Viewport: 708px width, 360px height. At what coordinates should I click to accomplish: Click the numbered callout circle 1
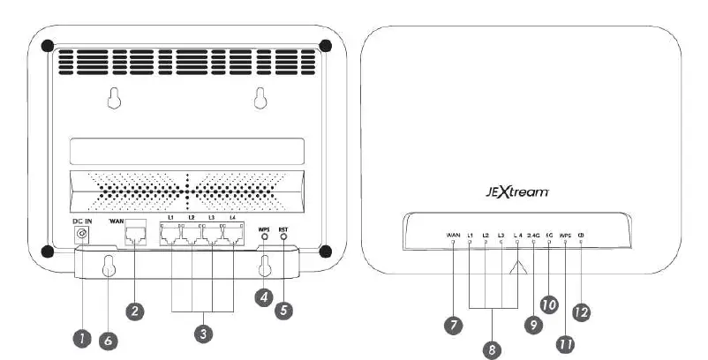(x=80, y=337)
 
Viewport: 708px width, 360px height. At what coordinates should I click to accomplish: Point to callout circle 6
(x=108, y=340)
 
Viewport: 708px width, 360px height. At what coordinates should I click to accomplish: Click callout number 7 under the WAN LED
(x=453, y=325)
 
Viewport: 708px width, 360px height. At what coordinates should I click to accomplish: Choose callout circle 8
(x=492, y=349)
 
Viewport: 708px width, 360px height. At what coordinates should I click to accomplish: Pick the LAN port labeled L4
(x=232, y=235)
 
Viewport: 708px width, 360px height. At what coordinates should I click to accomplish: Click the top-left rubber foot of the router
(x=48, y=45)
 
